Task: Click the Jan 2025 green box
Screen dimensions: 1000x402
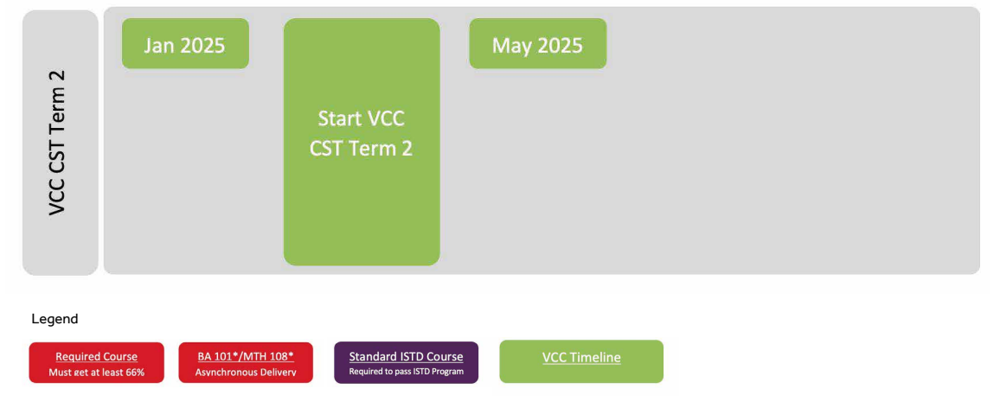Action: (x=185, y=43)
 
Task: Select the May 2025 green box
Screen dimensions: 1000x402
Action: (x=537, y=43)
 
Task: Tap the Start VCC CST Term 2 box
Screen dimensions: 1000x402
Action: (x=362, y=142)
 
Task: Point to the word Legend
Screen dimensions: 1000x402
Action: (x=54, y=319)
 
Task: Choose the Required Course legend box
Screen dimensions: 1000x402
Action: (x=96, y=362)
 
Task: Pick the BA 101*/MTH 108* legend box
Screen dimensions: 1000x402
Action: (x=246, y=362)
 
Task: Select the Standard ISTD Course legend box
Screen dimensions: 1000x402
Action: (x=407, y=362)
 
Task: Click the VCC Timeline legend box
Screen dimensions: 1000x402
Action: (x=581, y=361)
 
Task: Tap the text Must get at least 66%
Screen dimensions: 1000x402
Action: (x=96, y=372)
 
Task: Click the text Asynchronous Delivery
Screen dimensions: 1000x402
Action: (x=246, y=372)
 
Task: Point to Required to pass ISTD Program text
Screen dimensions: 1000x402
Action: (x=407, y=371)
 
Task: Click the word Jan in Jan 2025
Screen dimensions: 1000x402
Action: (x=159, y=46)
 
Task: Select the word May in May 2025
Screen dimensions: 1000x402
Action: (x=512, y=46)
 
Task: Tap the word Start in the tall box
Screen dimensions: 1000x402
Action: (x=338, y=118)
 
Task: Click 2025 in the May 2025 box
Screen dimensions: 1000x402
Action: (x=560, y=46)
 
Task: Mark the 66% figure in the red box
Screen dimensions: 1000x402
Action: (x=135, y=372)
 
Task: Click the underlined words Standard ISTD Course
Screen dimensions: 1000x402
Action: (x=407, y=357)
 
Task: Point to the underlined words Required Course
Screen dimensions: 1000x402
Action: (x=96, y=357)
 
